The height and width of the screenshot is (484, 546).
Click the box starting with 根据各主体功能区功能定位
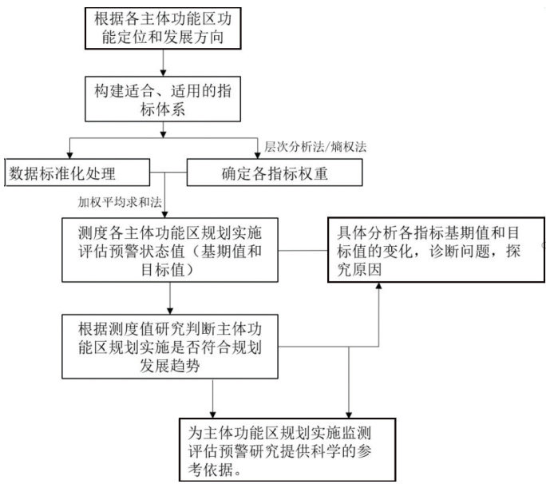164,28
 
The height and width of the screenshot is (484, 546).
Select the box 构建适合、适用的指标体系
164,98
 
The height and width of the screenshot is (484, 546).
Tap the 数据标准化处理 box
76,172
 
